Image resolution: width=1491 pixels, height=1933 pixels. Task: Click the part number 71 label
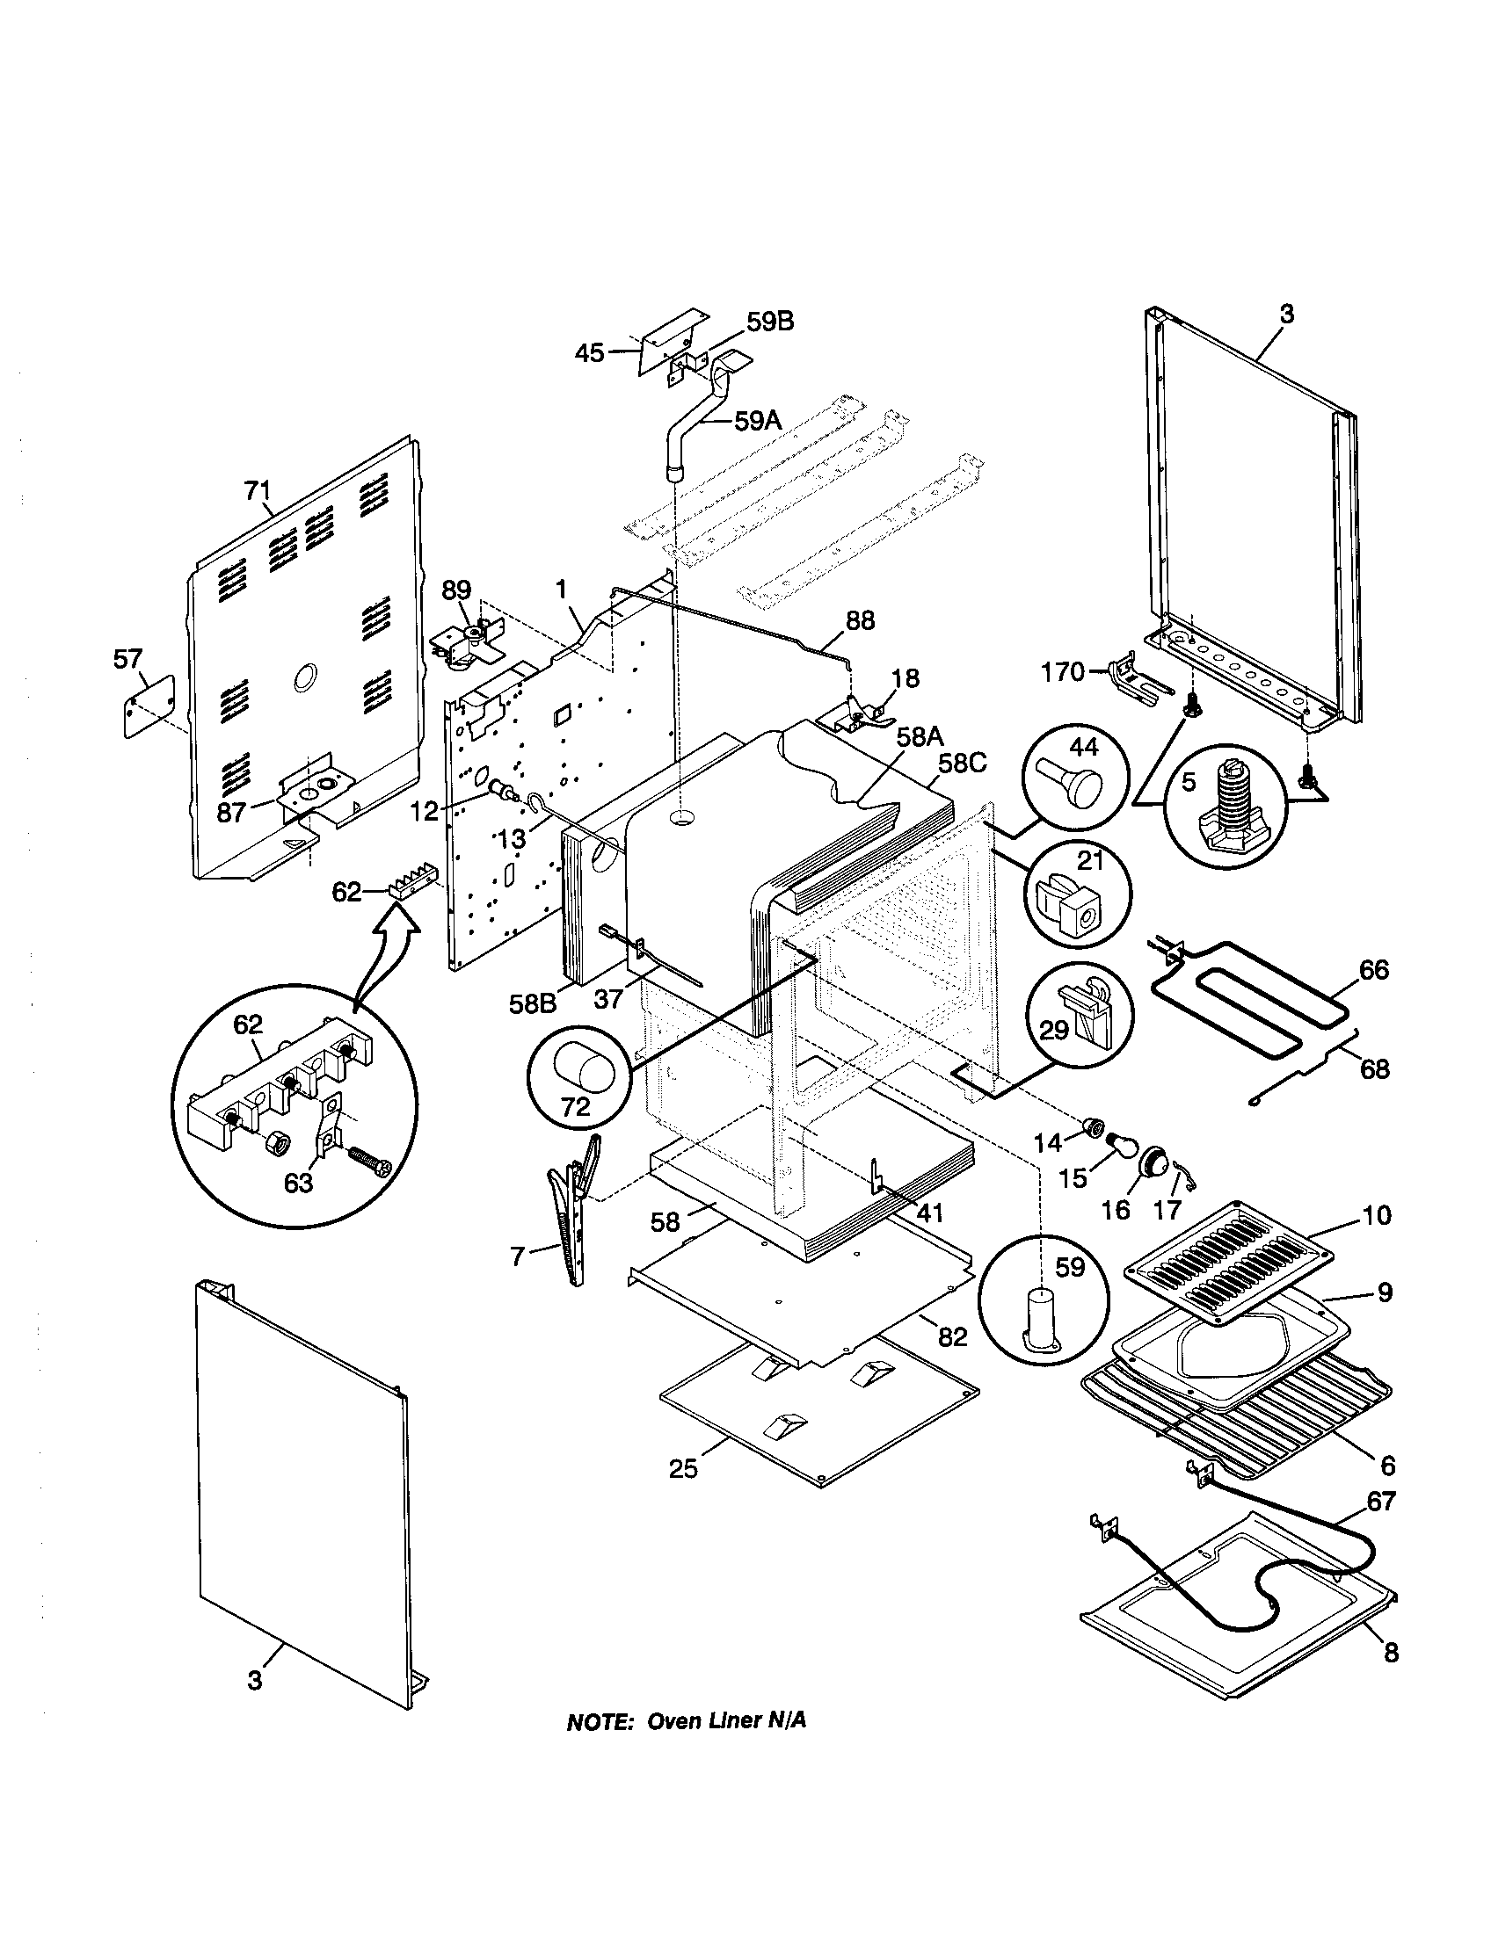[258, 490]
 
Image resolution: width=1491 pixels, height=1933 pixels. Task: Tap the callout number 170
[1063, 673]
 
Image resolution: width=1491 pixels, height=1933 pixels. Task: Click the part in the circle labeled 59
[1043, 1330]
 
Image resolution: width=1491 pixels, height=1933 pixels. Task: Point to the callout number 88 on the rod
[860, 620]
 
